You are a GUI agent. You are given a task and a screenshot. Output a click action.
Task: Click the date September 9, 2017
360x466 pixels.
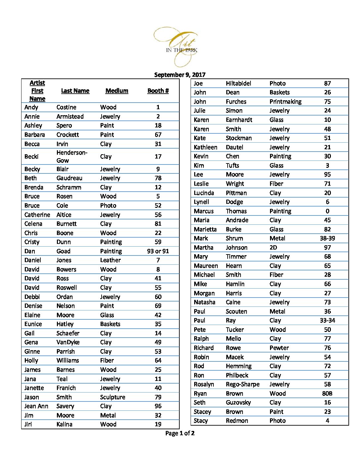[180, 75]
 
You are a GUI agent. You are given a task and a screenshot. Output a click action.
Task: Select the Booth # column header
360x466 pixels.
[158, 91]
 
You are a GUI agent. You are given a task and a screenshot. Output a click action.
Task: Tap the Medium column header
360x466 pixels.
[117, 91]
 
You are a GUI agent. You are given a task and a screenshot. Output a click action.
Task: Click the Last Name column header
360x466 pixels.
[75, 91]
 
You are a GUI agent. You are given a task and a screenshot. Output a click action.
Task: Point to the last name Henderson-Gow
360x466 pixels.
[72, 156]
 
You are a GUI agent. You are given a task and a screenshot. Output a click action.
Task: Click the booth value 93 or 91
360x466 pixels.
[158, 251]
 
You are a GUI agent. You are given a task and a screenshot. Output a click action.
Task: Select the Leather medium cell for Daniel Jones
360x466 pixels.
[110, 260]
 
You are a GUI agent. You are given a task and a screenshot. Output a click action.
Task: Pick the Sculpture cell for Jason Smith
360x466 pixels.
[112, 397]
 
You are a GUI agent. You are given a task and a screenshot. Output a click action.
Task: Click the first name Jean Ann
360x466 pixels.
[36, 406]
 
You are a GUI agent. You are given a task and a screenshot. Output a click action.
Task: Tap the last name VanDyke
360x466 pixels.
[68, 342]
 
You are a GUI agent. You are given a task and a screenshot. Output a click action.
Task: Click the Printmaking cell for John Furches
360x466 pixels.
[285, 102]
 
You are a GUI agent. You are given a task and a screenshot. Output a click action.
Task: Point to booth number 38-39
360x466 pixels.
[327, 238]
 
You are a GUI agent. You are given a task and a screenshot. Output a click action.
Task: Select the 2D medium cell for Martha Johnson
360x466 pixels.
[273, 248]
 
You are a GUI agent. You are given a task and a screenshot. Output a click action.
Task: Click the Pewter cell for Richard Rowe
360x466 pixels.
[279, 348]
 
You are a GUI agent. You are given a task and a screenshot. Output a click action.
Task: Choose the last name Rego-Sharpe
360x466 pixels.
[243, 384]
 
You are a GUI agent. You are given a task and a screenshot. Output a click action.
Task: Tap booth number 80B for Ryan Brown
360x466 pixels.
[327, 394]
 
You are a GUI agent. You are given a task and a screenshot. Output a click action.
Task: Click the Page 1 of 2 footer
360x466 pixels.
[180, 433]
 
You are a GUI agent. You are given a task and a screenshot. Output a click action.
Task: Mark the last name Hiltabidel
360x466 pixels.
[238, 83]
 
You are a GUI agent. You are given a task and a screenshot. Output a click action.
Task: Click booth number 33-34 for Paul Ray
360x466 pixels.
[327, 320]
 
